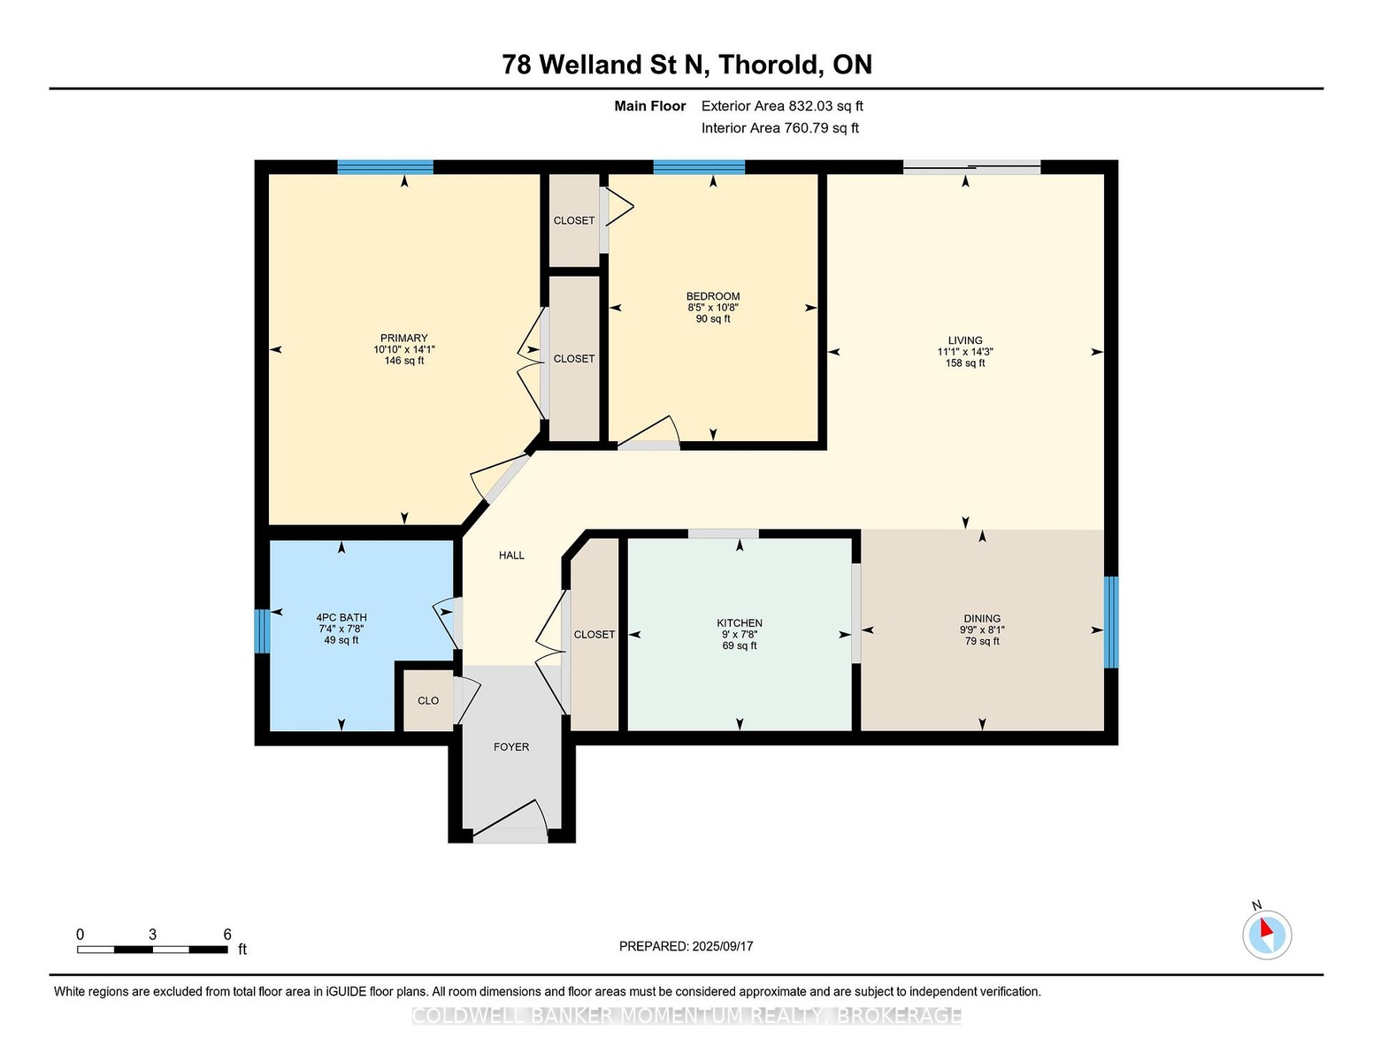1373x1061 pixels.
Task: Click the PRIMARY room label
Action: tap(403, 338)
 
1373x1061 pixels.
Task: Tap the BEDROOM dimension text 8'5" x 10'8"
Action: tap(713, 308)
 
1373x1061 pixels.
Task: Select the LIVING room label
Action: tap(965, 340)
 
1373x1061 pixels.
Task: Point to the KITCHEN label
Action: tap(740, 623)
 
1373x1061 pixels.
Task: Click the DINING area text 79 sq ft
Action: tap(982, 641)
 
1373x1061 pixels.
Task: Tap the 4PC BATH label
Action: tap(341, 617)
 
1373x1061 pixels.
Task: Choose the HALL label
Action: tap(511, 555)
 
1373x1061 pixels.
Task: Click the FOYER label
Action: tap(511, 746)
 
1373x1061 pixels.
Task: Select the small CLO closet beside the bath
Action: tap(428, 700)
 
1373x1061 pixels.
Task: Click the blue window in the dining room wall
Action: tap(1111, 622)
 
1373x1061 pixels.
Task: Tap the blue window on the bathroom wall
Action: tap(262, 630)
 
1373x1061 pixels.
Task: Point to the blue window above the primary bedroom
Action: tap(385, 167)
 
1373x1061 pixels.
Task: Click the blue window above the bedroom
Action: tap(699, 167)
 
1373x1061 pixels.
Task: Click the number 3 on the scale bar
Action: tap(152, 935)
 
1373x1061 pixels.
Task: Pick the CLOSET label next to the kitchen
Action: tap(594, 634)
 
